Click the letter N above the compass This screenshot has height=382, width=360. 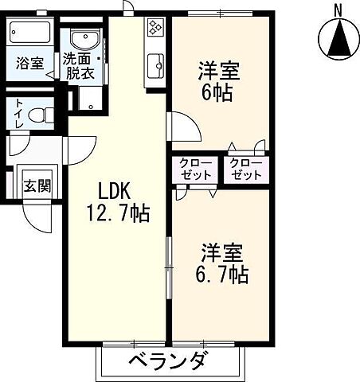338,10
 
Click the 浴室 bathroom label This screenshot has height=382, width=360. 29,64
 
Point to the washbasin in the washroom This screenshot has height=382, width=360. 81,40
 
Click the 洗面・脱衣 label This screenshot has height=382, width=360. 82,64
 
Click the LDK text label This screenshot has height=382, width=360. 113,191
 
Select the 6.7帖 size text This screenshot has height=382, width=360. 221,275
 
